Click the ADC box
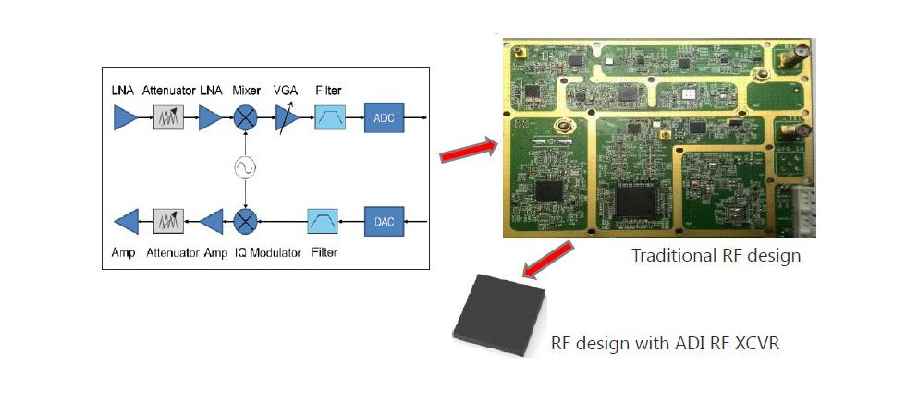(384, 117)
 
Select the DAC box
(384, 221)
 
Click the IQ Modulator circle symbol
(245, 221)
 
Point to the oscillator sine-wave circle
(245, 167)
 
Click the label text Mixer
(245, 91)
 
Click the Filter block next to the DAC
(322, 221)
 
